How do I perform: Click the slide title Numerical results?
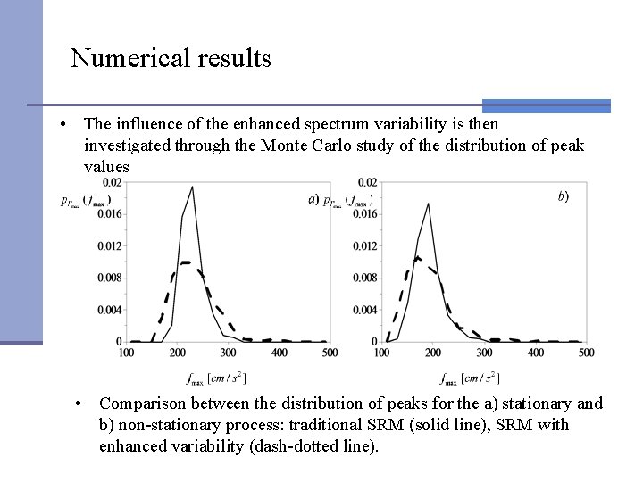coord(171,59)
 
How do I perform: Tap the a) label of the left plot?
coord(313,199)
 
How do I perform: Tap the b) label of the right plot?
coord(564,196)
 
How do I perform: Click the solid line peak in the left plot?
coord(193,187)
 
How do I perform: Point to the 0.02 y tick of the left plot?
coord(112,182)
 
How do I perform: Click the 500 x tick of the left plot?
coord(330,353)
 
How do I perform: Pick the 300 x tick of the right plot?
coord(485,353)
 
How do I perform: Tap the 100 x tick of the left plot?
coord(126,353)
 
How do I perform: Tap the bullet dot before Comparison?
coord(80,404)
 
